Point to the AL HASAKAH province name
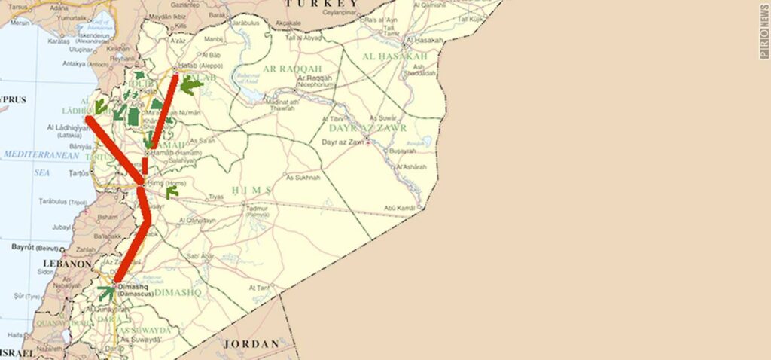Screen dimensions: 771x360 coord(395,56)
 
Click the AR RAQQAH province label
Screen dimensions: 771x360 coord(286,69)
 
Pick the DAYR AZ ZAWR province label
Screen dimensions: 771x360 coord(368,128)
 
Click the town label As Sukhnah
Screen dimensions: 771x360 coord(303,178)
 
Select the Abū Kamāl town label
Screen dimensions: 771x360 coord(400,208)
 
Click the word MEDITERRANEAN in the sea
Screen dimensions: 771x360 coord(40,154)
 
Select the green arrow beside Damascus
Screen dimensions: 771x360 coord(106,292)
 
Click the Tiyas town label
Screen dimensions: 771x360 coord(216,197)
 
